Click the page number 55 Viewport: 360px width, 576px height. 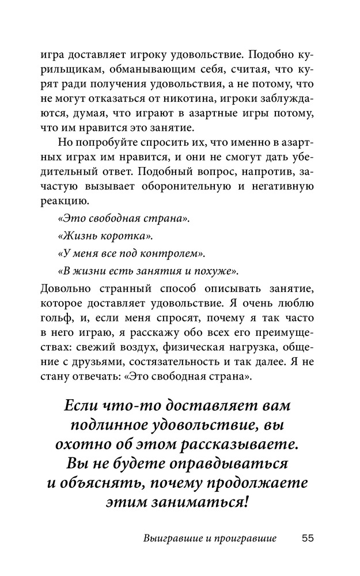coord(307,539)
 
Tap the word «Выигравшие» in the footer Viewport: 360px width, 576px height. coord(168,539)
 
